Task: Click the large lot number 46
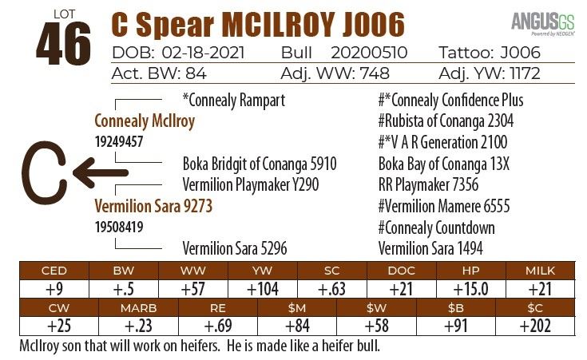(63, 46)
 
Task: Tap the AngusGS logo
(541, 22)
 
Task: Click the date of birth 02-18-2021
(202, 53)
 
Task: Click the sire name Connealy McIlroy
(145, 121)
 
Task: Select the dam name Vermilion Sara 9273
(153, 206)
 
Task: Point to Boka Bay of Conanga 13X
(444, 164)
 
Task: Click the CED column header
(54, 270)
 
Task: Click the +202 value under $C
(535, 326)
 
